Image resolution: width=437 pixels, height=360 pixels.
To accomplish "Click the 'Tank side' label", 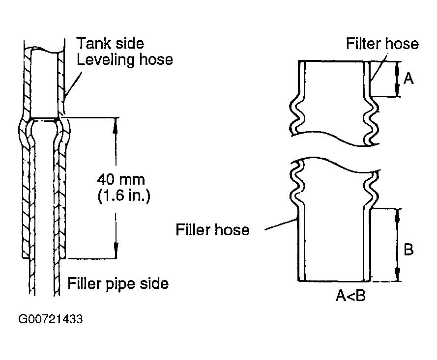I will pos(106,43).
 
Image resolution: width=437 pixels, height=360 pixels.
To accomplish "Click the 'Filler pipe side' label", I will pos(118,284).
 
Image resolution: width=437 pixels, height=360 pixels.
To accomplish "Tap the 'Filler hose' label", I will pos(213,229).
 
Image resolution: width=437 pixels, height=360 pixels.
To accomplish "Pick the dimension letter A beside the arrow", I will pos(408,78).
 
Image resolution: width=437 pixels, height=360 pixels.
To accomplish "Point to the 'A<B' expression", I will pos(350,296).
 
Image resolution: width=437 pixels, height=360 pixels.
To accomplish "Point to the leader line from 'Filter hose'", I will pos(376,69).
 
